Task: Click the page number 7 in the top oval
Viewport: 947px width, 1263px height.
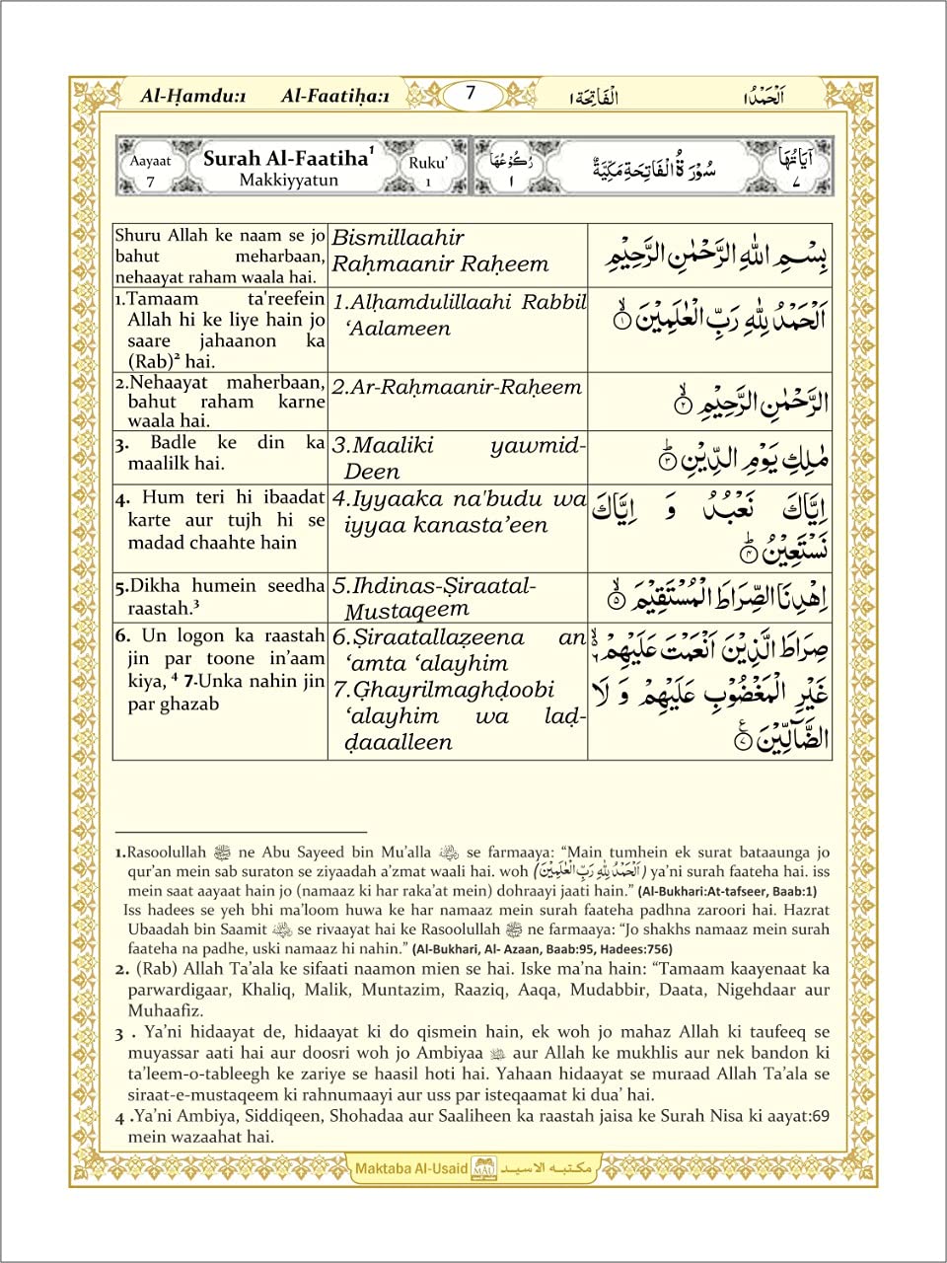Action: point(471,94)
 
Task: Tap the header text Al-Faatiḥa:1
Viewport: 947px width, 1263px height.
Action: point(335,96)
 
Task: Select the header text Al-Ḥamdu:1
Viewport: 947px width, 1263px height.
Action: point(193,96)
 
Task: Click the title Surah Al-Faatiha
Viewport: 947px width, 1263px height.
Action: point(285,158)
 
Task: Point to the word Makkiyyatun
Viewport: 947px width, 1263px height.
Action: point(288,181)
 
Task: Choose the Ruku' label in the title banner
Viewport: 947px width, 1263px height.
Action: point(428,163)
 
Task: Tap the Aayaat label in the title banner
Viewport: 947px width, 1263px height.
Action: point(150,161)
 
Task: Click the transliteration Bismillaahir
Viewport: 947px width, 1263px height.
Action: point(398,238)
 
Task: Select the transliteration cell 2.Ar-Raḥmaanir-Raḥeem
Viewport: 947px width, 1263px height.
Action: point(457,388)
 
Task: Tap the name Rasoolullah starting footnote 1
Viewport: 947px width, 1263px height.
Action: point(167,853)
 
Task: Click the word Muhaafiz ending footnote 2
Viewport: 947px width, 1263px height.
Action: point(166,1010)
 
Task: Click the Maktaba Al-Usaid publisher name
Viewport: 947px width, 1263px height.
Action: point(411,1168)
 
